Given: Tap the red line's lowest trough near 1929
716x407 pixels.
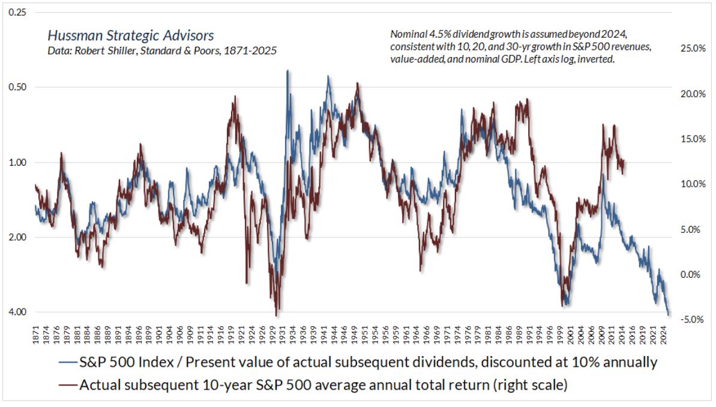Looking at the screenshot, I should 276,315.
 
